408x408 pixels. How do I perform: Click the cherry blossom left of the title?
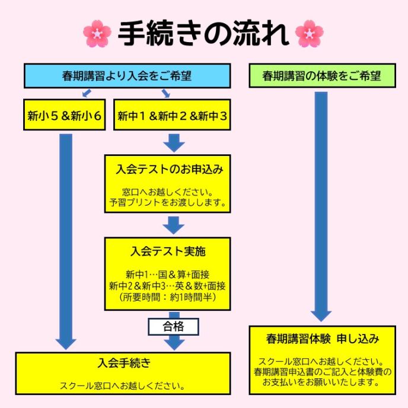tap(97, 34)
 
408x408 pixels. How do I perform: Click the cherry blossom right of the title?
tap(309, 34)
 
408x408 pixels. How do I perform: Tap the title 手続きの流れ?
tap(203, 34)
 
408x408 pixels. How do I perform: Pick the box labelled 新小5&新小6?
tap(65, 116)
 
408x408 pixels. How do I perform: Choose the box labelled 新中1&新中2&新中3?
tap(172, 116)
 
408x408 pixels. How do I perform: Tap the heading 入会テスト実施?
tap(168, 251)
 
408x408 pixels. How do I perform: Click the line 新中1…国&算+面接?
tap(168, 275)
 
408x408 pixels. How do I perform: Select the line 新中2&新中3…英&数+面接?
tap(168, 286)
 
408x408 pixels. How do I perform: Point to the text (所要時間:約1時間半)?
tap(168, 297)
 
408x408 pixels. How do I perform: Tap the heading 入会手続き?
tap(123, 362)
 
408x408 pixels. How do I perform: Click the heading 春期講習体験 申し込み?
tap(322, 339)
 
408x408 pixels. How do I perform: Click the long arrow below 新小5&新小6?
tap(66, 237)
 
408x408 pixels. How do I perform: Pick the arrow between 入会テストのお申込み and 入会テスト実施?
tap(174, 225)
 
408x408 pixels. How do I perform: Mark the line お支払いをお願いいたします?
tap(322, 383)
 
